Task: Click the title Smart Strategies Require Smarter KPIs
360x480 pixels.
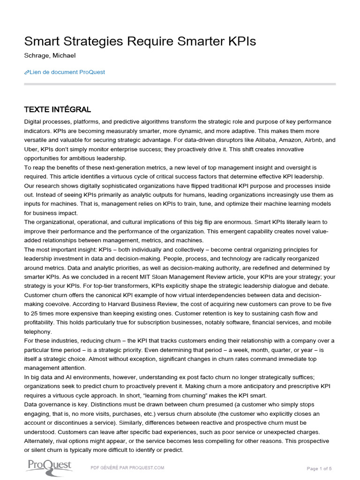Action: [x=140, y=42]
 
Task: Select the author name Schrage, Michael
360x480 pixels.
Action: [x=49, y=56]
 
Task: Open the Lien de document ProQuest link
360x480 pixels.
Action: [x=67, y=72]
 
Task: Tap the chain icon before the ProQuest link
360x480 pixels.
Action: [x=26, y=72]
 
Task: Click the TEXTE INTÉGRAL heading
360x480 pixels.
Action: [x=57, y=110]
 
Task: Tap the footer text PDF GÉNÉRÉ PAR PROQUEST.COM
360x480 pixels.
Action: [x=127, y=468]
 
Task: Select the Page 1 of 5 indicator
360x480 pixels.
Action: [x=319, y=468]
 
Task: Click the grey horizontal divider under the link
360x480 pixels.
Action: [x=180, y=84]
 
